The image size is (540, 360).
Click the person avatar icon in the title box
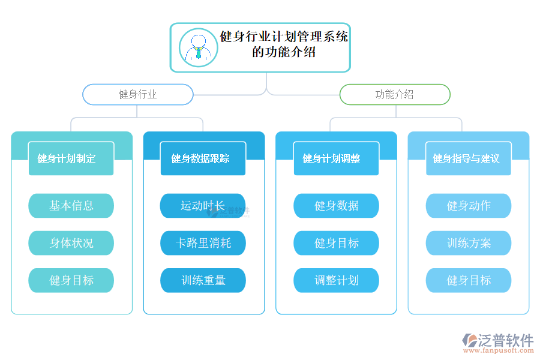click(198, 47)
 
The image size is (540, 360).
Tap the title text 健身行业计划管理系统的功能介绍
click(284, 44)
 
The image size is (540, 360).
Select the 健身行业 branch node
click(137, 94)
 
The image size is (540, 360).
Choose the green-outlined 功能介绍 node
click(394, 94)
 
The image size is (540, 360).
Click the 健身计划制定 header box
click(71, 158)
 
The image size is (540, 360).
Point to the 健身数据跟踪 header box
click(203, 158)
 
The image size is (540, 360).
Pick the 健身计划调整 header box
click(336, 158)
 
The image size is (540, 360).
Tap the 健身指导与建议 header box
click(468, 158)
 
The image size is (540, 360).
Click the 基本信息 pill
click(71, 206)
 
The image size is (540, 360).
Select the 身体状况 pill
click(71, 243)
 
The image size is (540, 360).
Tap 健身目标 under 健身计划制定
click(71, 280)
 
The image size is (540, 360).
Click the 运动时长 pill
click(203, 206)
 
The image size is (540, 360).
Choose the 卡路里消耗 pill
click(203, 243)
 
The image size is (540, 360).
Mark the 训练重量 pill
click(203, 280)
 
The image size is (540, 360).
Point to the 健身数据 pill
click(336, 206)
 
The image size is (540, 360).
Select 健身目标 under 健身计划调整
click(336, 243)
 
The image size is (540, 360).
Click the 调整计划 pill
click(336, 280)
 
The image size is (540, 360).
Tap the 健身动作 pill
click(468, 206)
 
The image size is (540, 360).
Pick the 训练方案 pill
click(468, 243)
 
